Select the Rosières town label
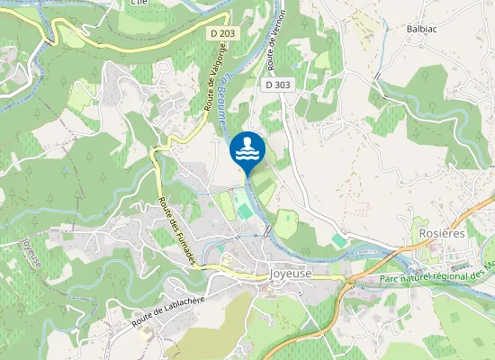[x=442, y=231]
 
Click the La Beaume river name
[x=224, y=103]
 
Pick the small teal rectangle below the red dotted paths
[x=338, y=240]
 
